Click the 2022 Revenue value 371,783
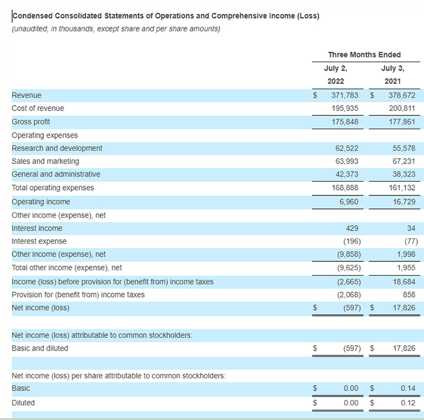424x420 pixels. [x=345, y=95]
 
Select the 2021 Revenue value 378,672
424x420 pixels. [x=402, y=95]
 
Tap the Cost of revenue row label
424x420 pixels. [x=38, y=108]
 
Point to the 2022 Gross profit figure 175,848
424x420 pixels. [x=345, y=122]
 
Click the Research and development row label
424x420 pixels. [x=57, y=148]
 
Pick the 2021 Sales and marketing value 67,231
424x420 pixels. [x=403, y=161]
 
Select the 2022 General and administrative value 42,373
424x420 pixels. [x=347, y=174]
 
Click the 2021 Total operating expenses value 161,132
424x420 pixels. [x=402, y=188]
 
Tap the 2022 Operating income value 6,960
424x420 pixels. [x=349, y=202]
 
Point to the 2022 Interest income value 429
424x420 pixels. [x=352, y=228]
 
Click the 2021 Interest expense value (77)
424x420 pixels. [x=411, y=241]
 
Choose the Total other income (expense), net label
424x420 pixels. [x=67, y=268]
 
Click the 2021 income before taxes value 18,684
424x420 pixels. [x=403, y=282]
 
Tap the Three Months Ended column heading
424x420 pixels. [x=364, y=55]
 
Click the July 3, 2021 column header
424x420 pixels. [x=393, y=75]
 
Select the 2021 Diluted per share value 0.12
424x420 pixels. [x=408, y=402]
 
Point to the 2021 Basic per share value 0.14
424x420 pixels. [x=408, y=388]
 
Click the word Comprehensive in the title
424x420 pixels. [x=239, y=16]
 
